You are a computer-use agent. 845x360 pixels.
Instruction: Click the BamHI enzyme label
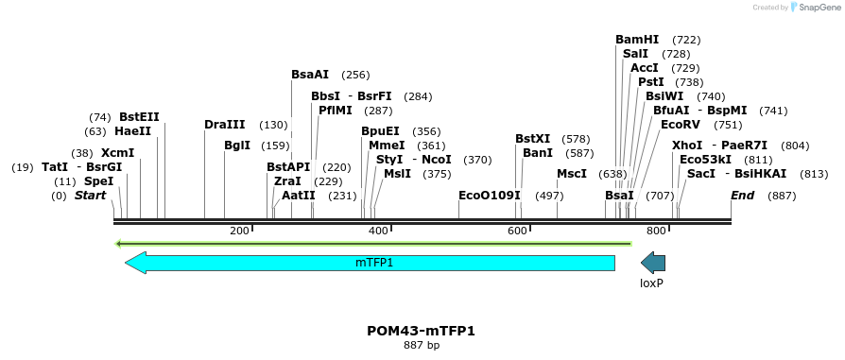(637, 40)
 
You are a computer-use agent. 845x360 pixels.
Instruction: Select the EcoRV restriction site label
(681, 125)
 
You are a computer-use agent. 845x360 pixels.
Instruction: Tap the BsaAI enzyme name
(310, 75)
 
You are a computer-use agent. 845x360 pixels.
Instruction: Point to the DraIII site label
(225, 125)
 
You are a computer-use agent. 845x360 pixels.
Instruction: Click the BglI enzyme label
(237, 146)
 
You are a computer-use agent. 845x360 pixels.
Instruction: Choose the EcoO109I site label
(490, 196)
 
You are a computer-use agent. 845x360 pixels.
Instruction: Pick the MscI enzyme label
(572, 174)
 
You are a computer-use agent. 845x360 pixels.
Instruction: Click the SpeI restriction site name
(98, 181)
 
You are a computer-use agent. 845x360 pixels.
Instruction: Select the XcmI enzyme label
(117, 153)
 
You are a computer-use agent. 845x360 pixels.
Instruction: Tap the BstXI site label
(532, 139)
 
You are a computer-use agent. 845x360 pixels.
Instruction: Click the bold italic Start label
(90, 196)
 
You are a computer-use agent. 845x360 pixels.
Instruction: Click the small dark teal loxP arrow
(653, 263)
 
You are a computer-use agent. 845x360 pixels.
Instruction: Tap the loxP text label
(652, 283)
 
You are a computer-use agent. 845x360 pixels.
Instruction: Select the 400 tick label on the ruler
(379, 231)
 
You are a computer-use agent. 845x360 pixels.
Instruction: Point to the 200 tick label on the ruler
(239, 231)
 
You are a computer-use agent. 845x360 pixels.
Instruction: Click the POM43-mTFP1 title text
(421, 331)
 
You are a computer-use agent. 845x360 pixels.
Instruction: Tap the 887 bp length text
(421, 346)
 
